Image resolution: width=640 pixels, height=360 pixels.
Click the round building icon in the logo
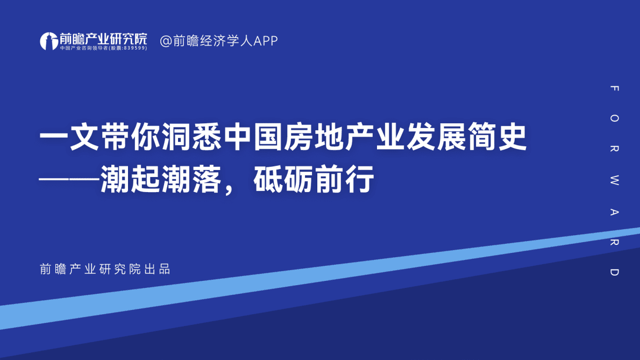click(x=49, y=41)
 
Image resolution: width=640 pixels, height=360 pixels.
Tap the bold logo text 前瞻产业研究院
click(x=103, y=38)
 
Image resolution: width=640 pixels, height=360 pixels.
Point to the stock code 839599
click(x=134, y=48)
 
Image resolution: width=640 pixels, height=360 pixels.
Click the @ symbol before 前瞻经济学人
click(x=166, y=41)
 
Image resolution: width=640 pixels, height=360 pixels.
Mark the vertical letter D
click(x=615, y=272)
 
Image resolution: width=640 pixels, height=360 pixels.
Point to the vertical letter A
click(x=615, y=211)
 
